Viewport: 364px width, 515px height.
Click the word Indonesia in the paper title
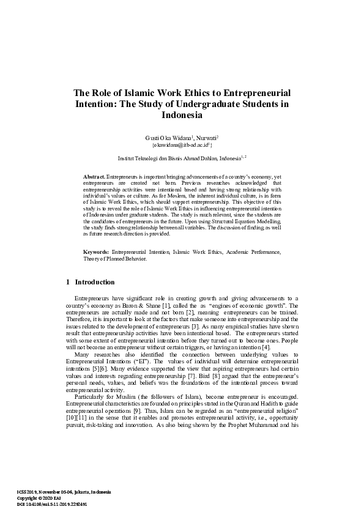(x=182, y=115)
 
